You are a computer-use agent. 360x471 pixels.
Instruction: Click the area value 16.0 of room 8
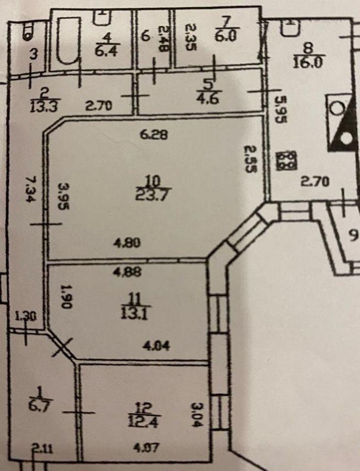coord(307,62)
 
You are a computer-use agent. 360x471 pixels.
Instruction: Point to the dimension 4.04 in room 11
coord(155,346)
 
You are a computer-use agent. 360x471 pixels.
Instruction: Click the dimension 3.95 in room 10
coord(63,196)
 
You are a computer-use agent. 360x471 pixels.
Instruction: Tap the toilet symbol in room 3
coord(26,33)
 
